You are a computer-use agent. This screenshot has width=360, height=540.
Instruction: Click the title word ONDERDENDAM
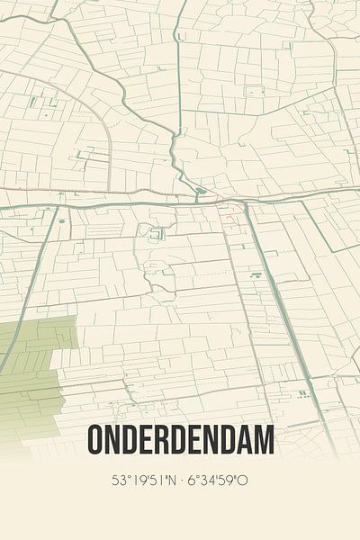click(x=181, y=441)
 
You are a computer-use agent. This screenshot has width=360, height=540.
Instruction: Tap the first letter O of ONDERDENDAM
click(x=97, y=441)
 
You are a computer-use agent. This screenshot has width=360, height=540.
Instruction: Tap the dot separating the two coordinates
click(x=183, y=481)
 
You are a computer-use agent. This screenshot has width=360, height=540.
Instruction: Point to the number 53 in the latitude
click(x=117, y=481)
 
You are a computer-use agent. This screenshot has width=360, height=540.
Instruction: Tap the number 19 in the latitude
click(x=136, y=481)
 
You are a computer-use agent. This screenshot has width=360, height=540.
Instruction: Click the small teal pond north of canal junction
click(x=202, y=191)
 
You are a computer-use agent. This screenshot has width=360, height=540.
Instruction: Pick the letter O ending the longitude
click(x=246, y=481)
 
